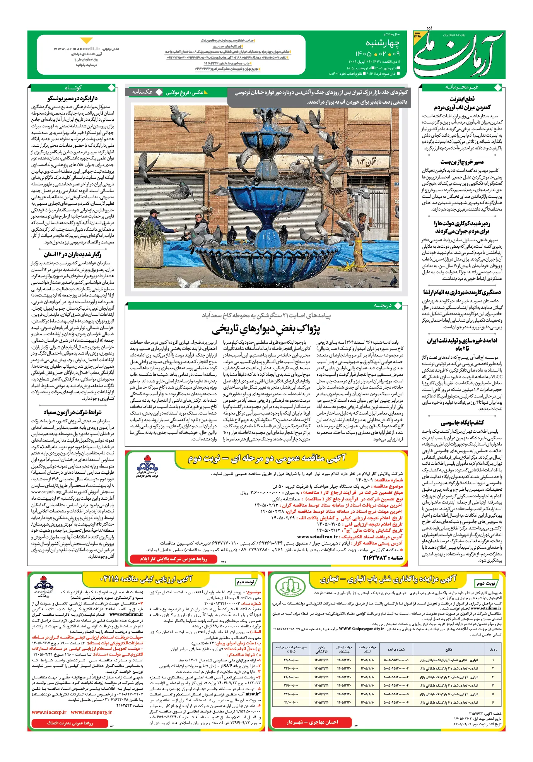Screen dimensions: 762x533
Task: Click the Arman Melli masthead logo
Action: coord(459,54)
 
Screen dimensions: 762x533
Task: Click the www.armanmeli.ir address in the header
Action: coord(77,49)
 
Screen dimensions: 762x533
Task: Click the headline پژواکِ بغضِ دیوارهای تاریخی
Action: coord(266,329)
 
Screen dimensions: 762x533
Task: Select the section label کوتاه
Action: coord(73,88)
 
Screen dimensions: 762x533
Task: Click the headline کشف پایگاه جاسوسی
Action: coord(462,423)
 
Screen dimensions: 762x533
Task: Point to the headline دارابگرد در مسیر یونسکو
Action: coord(72,99)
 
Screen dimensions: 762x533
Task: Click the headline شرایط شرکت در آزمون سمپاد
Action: coord(72,412)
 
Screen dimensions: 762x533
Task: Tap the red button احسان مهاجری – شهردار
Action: coord(312,722)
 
